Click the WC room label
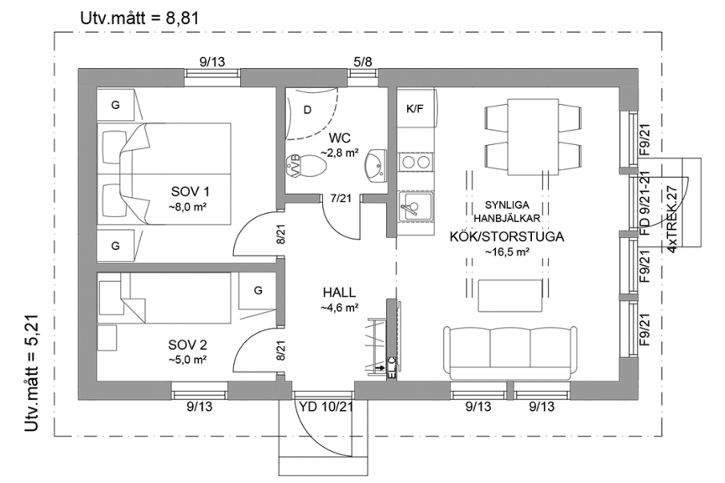339,138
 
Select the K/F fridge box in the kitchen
414,109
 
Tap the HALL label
339,293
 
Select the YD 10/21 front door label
326,407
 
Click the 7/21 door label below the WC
341,199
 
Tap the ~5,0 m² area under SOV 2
188,359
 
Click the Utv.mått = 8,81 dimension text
138,16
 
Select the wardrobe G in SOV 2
258,291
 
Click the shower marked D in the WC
308,109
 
